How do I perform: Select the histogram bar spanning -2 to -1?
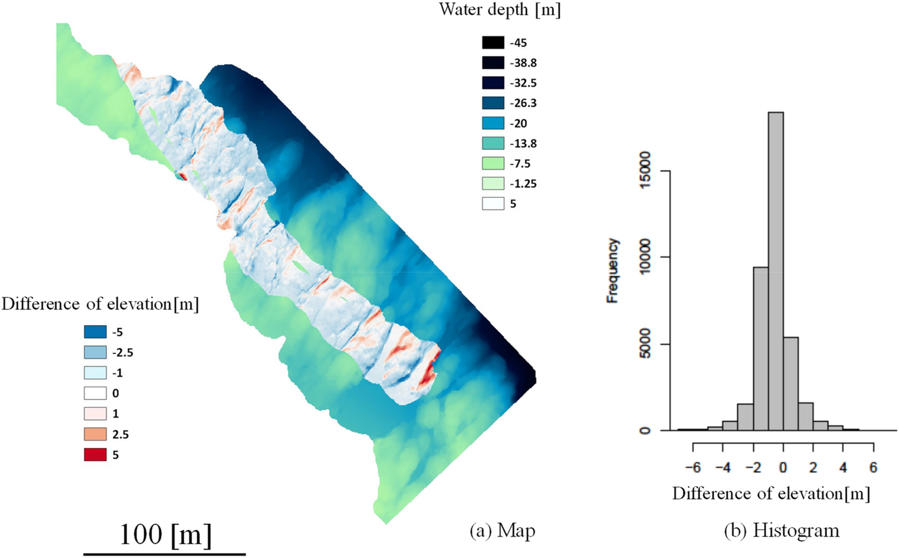click(761, 349)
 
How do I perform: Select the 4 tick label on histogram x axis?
click(843, 467)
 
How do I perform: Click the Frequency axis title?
click(612, 271)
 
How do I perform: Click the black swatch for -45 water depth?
click(493, 43)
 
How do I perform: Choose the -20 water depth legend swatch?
click(493, 123)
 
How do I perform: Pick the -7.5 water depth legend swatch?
click(493, 164)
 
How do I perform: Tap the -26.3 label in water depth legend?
click(523, 103)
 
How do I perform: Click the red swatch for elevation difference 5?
click(95, 454)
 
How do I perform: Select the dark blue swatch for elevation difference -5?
click(95, 332)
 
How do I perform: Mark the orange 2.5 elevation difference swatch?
click(95, 434)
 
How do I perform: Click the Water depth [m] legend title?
click(500, 10)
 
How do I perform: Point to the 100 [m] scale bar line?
click(165, 554)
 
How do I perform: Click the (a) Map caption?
click(502, 530)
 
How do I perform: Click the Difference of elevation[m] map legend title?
click(100, 304)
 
